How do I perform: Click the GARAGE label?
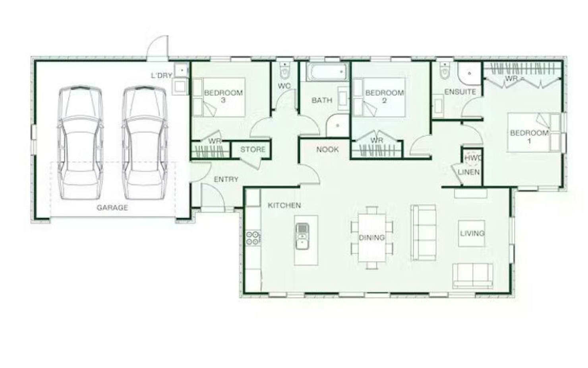point(112,208)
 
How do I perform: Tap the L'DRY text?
point(161,76)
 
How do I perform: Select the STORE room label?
point(253,150)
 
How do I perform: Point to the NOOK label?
point(327,150)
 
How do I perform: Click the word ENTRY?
point(226,179)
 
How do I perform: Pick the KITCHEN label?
point(284,205)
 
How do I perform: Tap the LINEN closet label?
point(468,172)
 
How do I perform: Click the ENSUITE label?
point(460,92)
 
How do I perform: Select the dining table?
point(372,238)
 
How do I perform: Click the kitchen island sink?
point(302,236)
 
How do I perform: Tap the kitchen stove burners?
point(252,238)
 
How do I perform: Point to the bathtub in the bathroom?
point(327,72)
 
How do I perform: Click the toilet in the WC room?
point(284,70)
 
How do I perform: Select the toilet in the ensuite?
point(445,70)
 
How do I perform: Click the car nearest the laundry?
point(145,142)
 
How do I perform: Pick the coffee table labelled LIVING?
point(472,234)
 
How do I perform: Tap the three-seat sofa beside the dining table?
point(423,233)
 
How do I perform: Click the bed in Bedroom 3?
point(219,97)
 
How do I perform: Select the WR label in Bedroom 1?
point(511,78)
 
